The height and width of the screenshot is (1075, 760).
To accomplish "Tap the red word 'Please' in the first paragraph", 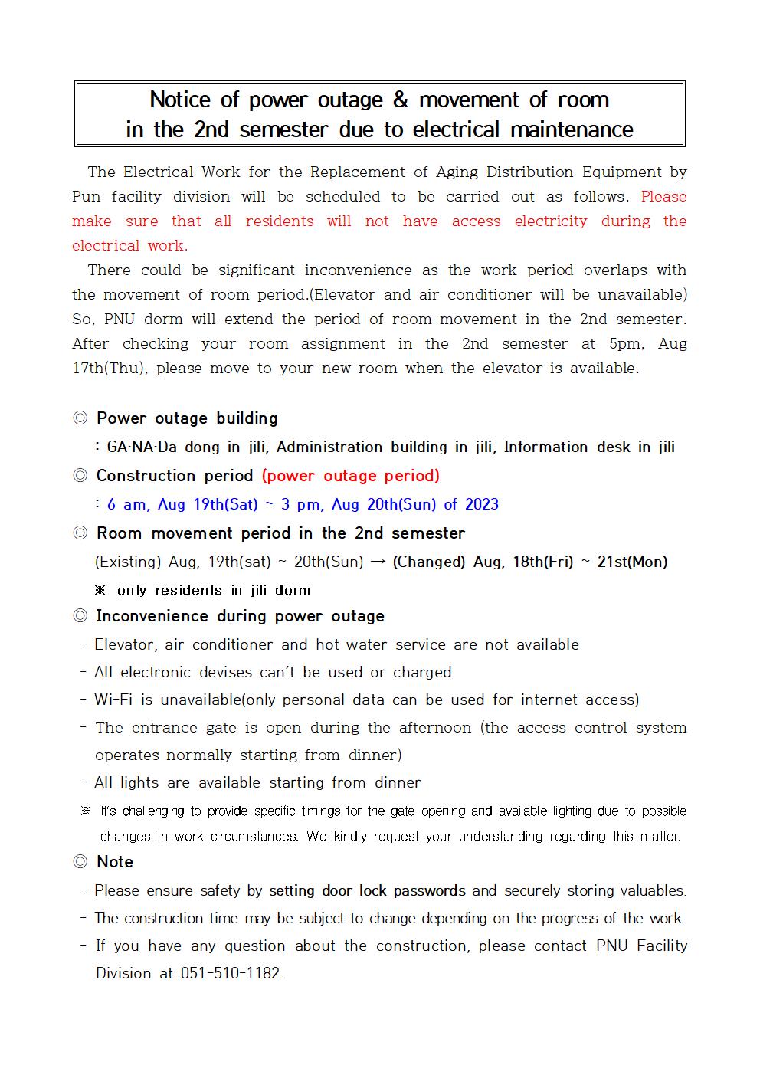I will pyautogui.click(x=663, y=197).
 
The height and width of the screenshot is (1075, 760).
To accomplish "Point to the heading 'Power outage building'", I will pyautogui.click(x=187, y=418).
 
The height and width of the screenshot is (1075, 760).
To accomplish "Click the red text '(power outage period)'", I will pyautogui.click(x=351, y=476).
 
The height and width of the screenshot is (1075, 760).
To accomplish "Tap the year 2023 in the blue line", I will pyautogui.click(x=481, y=504).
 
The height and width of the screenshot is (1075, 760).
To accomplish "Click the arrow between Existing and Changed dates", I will pyautogui.click(x=378, y=562).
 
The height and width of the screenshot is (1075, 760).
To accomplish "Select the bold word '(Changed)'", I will pyautogui.click(x=428, y=562).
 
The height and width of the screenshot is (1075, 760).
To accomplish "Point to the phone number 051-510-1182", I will pyautogui.click(x=231, y=974).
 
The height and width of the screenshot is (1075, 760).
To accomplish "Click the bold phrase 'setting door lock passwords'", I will pyautogui.click(x=367, y=891).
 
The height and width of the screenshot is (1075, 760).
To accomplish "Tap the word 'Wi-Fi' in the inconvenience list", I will pyautogui.click(x=113, y=700).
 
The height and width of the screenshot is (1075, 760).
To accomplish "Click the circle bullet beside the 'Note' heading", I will pyautogui.click(x=80, y=862).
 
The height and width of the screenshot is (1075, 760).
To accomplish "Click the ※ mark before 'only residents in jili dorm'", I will pyautogui.click(x=100, y=591).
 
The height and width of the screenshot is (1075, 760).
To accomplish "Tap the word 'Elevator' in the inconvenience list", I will pyautogui.click(x=125, y=644).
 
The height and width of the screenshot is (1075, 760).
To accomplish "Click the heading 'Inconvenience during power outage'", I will pyautogui.click(x=240, y=616).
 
